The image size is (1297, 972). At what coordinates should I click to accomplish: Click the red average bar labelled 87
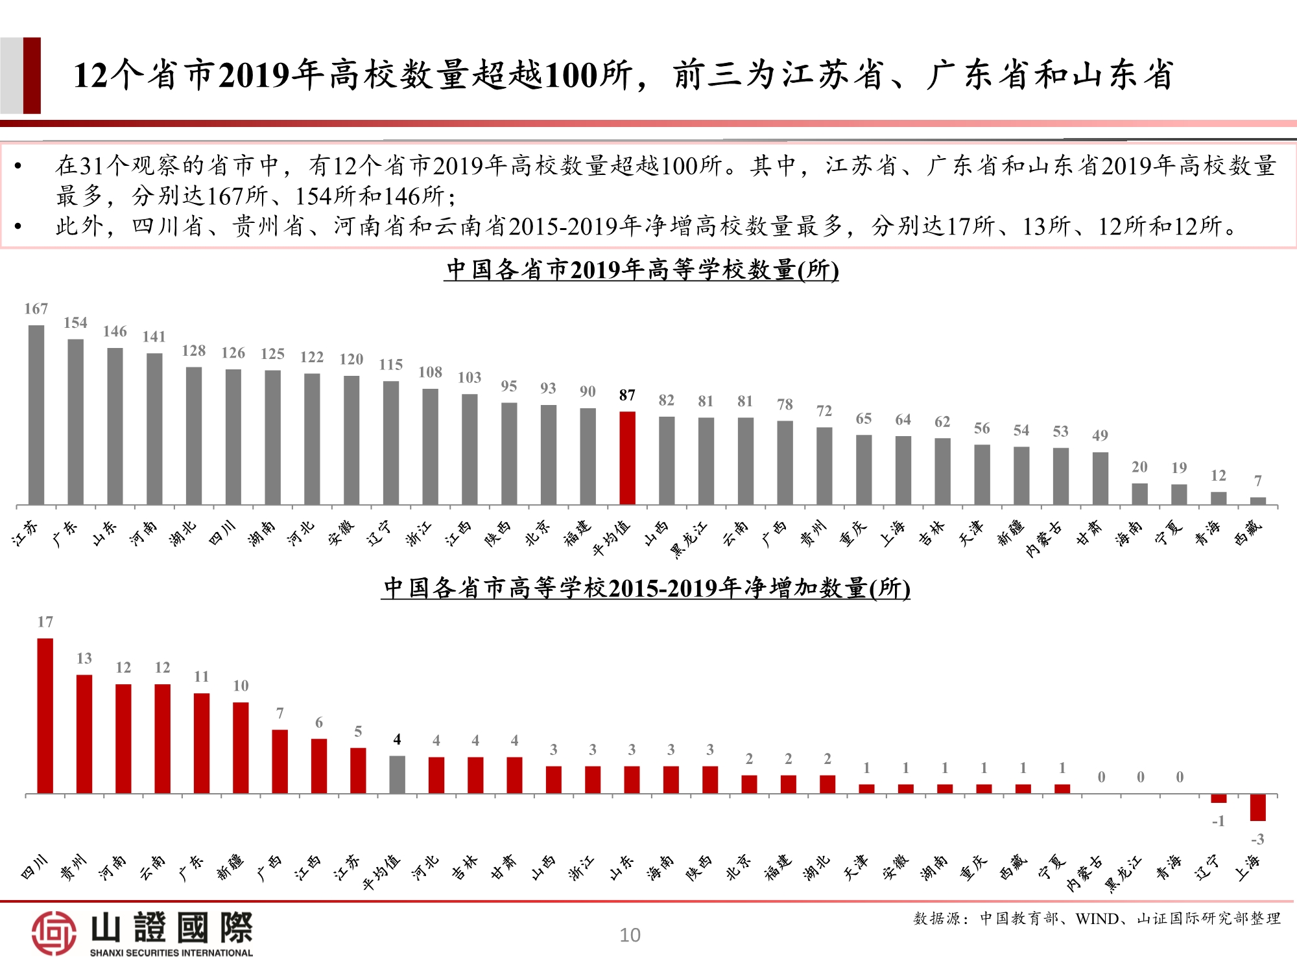[627, 457]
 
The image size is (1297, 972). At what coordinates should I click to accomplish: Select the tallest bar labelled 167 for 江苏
[36, 415]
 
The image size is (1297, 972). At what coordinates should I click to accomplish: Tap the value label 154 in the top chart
[75, 323]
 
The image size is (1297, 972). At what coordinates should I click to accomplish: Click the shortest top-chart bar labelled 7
[1257, 500]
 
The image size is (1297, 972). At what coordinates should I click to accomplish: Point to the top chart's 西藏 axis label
[1248, 532]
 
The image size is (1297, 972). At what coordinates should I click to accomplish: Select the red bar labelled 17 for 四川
[45, 715]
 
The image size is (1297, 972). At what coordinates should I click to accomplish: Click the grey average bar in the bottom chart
[397, 774]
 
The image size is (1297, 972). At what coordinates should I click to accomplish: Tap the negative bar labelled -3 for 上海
[1257, 807]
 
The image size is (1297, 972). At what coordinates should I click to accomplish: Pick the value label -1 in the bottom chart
[1218, 821]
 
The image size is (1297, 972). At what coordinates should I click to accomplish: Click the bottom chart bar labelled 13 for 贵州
[84, 734]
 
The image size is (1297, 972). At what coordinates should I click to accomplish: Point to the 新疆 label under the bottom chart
[230, 866]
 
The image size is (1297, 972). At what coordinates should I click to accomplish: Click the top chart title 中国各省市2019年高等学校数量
[641, 270]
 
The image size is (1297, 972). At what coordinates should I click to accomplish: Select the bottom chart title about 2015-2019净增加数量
[646, 588]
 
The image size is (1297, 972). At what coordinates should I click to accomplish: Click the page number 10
[630, 934]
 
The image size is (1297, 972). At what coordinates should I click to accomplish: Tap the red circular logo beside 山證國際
[54, 933]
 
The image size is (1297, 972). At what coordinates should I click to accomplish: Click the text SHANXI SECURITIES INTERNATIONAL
[171, 953]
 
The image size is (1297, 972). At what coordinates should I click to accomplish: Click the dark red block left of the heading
[32, 75]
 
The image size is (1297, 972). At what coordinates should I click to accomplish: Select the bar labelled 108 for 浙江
[430, 446]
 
